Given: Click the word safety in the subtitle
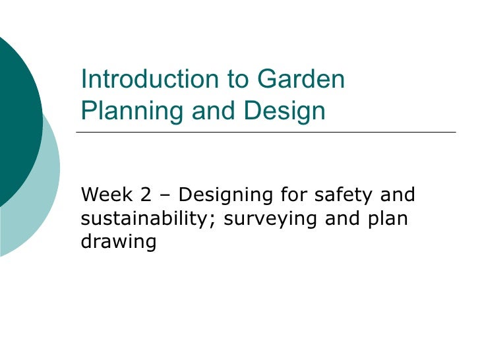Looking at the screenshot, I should click(x=336, y=196).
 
